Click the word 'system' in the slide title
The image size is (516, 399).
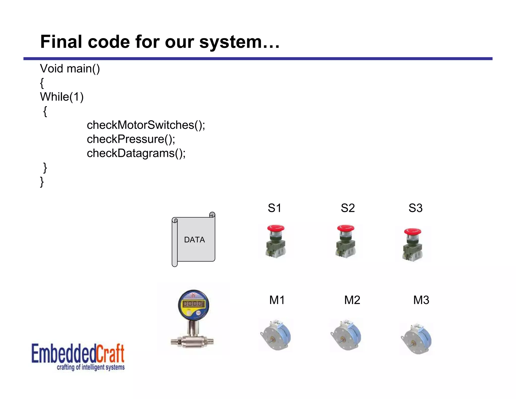point(230,42)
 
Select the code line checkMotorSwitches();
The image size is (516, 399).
point(146,125)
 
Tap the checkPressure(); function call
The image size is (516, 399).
point(131,139)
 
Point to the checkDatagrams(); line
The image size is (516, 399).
point(136,153)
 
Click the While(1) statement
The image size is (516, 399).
point(62,97)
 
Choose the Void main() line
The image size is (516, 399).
point(70,69)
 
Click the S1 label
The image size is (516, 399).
point(274,208)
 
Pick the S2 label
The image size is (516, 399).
point(348,208)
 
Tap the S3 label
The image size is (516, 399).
point(415,208)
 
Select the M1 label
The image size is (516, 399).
point(277,300)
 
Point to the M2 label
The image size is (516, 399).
point(352,300)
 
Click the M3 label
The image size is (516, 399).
point(421,300)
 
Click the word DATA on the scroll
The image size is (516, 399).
point(195,240)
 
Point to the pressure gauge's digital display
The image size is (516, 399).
point(193,304)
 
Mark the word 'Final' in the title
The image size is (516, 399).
point(61,42)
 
